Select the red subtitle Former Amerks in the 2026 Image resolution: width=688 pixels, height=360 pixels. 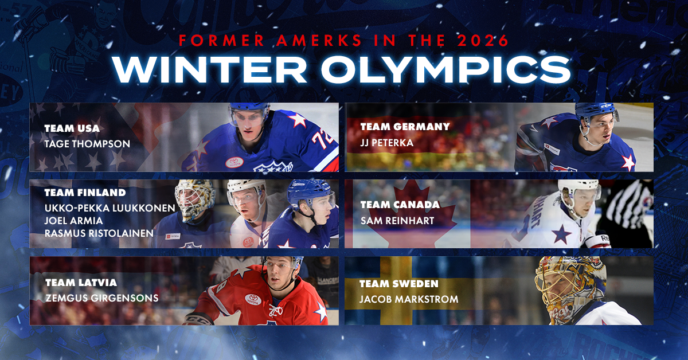pos(343,41)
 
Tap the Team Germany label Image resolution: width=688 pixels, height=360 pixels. pos(405,126)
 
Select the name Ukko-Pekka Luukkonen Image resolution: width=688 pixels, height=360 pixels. pos(109,207)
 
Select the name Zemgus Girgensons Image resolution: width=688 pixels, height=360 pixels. pos(101,298)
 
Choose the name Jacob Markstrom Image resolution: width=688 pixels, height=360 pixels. pos(401,299)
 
